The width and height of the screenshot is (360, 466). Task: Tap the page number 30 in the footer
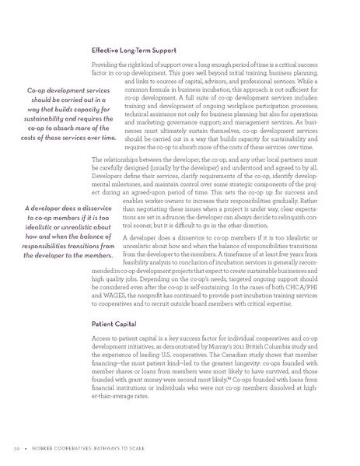click(x=18, y=449)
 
